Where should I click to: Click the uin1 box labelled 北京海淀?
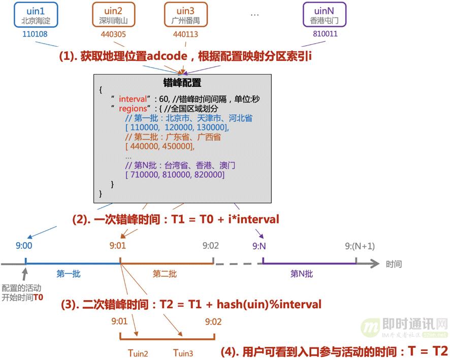pos(36,14)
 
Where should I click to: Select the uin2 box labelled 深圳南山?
pos(113,14)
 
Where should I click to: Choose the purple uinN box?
pos(324,14)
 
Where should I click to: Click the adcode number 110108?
pos(36,35)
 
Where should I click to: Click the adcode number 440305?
pos(113,35)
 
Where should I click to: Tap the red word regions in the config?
pos(132,109)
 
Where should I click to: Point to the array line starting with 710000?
pos(175,175)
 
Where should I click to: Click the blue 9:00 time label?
pos(24,246)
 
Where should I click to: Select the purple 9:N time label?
pos(260,246)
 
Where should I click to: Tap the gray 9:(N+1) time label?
pos(360,246)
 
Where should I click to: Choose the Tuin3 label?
pos(183,352)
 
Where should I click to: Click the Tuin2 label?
pos(139,352)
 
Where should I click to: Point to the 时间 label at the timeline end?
pos(394,265)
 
